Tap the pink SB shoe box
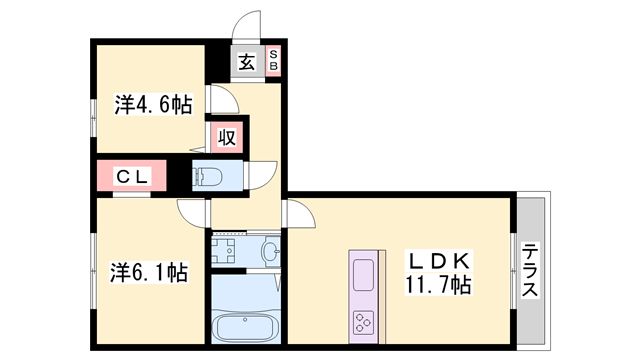pyautogui.click(x=274, y=62)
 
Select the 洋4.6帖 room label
pyautogui.click(x=152, y=103)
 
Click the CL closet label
pyautogui.click(x=133, y=177)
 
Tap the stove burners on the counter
pyautogui.click(x=362, y=322)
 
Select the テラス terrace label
pyautogui.click(x=530, y=271)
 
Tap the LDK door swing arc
pyautogui.click(x=299, y=212)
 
